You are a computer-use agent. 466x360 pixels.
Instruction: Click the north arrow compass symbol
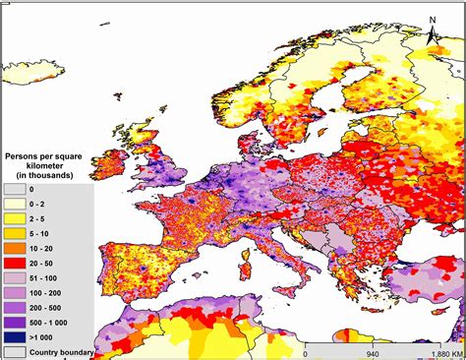pos(433,30)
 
